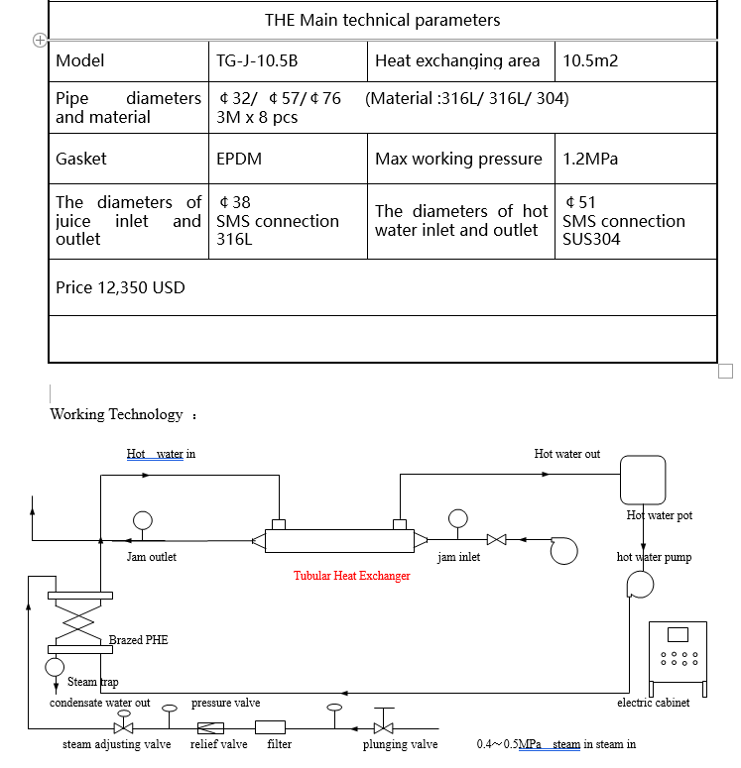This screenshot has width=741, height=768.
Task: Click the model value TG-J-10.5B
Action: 257,60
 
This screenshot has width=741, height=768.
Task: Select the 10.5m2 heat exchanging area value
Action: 590,60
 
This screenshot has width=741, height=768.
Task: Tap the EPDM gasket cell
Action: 239,159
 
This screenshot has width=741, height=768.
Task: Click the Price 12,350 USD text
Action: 120,287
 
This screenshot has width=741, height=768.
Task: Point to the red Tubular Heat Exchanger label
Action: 351,576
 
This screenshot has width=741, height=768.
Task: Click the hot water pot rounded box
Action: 643,481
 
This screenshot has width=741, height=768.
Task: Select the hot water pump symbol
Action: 641,586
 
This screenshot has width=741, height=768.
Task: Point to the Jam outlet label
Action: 151,557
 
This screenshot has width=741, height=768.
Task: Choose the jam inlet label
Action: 458,557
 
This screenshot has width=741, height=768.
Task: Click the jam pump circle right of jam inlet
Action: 563,551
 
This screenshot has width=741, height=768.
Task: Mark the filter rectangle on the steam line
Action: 271,727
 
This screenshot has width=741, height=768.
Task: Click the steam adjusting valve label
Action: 116,744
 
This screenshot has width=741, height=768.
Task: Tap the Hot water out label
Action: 566,454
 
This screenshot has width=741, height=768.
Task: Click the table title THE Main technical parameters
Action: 382,20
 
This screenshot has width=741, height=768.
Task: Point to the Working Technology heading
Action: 116,414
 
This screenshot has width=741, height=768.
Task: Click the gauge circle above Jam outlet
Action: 142,519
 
